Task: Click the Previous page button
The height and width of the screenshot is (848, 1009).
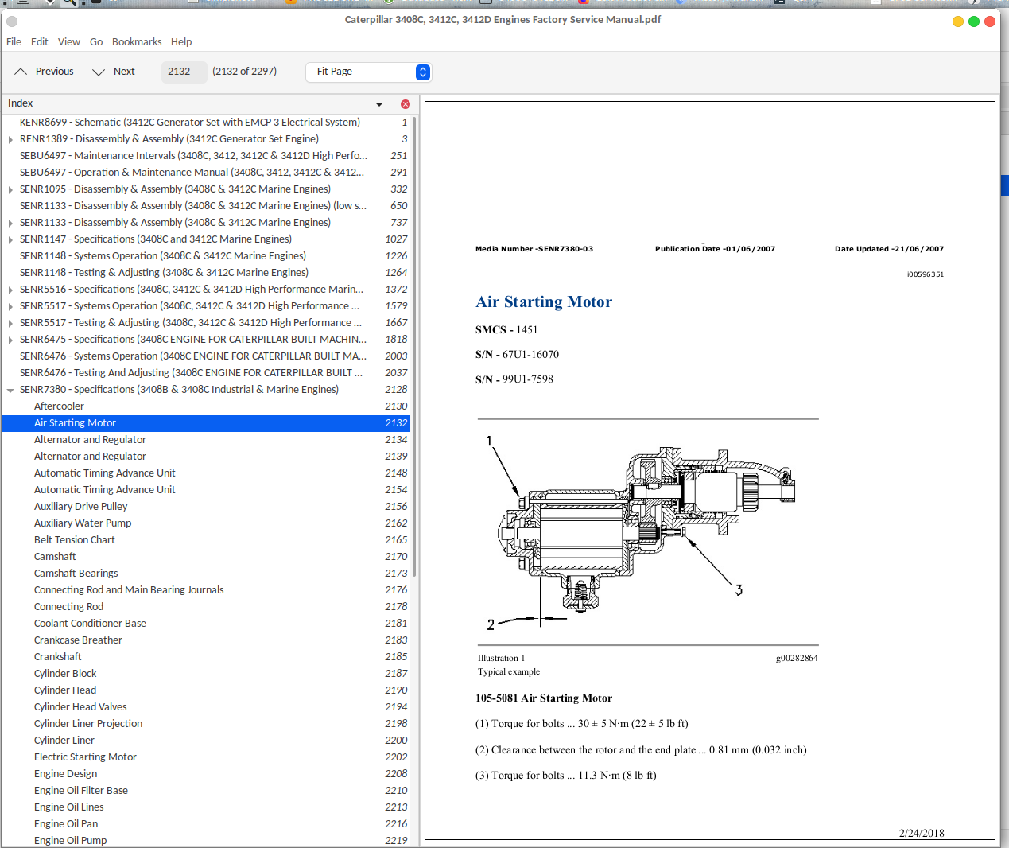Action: click(45, 72)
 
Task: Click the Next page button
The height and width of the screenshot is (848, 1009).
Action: click(114, 72)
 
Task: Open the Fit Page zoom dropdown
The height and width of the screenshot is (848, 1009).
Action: click(369, 72)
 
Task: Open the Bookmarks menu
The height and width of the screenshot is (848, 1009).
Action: click(137, 42)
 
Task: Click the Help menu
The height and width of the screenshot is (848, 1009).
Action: click(181, 42)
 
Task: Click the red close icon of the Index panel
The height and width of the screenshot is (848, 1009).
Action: click(406, 104)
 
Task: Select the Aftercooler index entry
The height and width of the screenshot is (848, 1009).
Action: click(59, 406)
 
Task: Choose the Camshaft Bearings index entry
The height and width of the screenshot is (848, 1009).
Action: click(76, 574)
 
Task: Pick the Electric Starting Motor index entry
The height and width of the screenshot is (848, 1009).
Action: click(85, 757)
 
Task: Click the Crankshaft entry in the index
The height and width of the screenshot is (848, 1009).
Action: click(57, 657)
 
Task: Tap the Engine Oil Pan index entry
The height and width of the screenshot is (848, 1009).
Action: click(66, 824)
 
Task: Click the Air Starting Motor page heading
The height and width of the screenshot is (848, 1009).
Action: click(544, 302)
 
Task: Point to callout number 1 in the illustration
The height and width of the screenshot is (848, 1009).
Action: click(489, 441)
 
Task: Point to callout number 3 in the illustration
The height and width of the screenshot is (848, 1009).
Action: click(739, 590)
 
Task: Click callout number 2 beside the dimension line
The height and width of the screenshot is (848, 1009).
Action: click(491, 625)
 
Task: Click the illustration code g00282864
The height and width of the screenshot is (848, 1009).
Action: click(797, 659)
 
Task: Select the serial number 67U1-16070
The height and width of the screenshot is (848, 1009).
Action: click(530, 355)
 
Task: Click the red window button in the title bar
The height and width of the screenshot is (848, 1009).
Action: click(990, 21)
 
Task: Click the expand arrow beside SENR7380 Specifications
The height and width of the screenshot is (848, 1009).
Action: click(10, 391)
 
